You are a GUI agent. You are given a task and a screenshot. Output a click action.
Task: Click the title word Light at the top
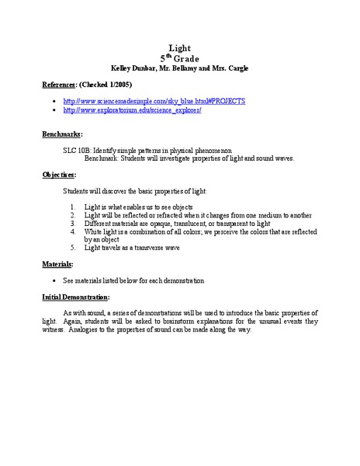pyautogui.click(x=179, y=47)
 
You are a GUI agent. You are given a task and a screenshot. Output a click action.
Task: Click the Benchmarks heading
pyautogui.click(x=61, y=134)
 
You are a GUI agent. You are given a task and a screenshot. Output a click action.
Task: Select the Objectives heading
pyautogui.click(x=58, y=175)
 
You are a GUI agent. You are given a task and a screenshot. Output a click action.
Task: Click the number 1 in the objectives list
pyautogui.click(x=71, y=206)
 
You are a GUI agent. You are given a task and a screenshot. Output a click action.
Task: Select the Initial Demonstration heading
pyautogui.click(x=75, y=297)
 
